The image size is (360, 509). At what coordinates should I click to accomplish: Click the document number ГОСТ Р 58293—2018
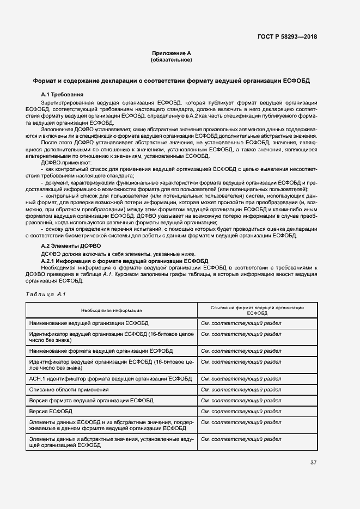(x=287, y=36)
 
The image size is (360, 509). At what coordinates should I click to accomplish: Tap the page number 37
(x=313, y=463)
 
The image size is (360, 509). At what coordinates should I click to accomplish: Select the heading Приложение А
(x=172, y=53)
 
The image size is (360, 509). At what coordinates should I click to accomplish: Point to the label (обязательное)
(x=172, y=60)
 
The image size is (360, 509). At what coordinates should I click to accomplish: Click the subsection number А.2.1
(x=50, y=261)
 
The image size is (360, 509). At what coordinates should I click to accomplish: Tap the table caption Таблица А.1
(x=45, y=295)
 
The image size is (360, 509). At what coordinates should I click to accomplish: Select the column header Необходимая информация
(x=111, y=310)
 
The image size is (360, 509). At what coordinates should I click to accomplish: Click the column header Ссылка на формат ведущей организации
(x=257, y=308)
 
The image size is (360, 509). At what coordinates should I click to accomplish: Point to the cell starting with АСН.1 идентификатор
(x=110, y=379)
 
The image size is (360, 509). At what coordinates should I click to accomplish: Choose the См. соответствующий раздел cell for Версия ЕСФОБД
(x=241, y=412)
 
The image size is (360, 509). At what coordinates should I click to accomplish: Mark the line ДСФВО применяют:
(x=67, y=163)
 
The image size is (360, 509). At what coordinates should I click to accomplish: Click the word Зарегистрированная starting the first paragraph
(x=68, y=102)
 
